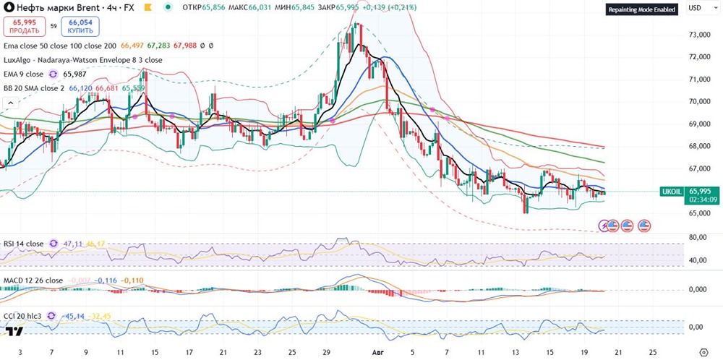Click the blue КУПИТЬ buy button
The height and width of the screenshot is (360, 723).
pos(80,26)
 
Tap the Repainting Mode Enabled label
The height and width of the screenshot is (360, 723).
pos(641,10)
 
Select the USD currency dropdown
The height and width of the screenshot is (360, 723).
pos(696,9)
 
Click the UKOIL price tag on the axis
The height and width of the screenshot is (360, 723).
pos(671,192)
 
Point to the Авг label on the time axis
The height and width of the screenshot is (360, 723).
pos(375,352)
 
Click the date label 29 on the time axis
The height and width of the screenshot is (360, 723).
pos(325,352)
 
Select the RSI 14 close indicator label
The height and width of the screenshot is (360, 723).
pos(25,244)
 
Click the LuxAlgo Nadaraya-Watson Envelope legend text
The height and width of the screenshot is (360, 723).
pos(82,60)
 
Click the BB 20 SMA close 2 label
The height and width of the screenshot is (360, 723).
pos(34,87)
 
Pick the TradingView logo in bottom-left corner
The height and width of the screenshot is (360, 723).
pos(12,332)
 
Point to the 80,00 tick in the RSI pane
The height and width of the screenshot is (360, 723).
pos(696,237)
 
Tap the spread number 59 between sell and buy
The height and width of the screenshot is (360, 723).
pos(53,26)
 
